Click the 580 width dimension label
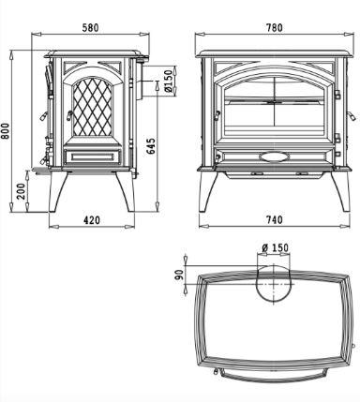90,28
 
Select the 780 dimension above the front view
275,28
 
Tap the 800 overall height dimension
6,131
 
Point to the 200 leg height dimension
21,191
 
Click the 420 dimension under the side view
92,220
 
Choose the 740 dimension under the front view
275,220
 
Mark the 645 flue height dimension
151,146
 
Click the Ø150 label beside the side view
168,81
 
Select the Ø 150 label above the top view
275,247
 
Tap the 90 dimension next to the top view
179,275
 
